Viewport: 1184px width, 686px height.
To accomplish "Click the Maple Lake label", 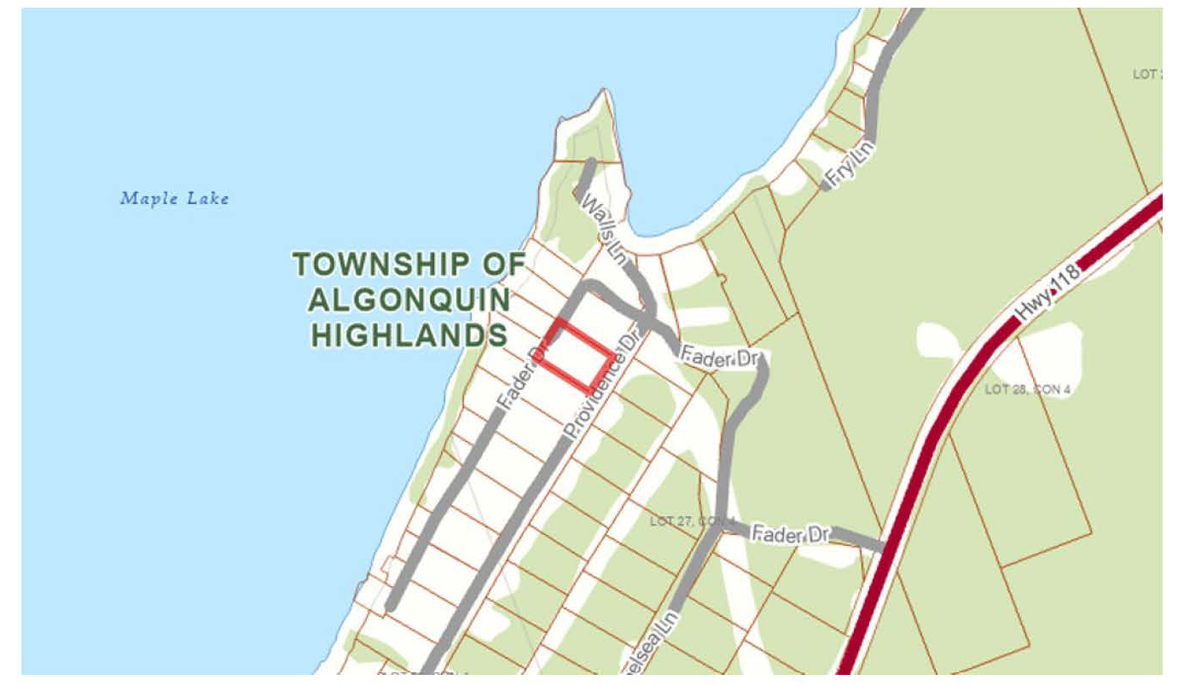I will (174, 199).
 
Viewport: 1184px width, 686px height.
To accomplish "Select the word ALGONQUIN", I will (409, 300).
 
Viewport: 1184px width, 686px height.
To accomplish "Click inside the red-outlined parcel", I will (577, 354).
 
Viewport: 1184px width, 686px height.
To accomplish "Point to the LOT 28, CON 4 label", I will (1027, 390).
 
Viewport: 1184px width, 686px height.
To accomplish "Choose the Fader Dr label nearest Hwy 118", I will (791, 535).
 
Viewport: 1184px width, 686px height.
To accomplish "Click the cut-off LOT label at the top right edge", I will (1146, 74).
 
